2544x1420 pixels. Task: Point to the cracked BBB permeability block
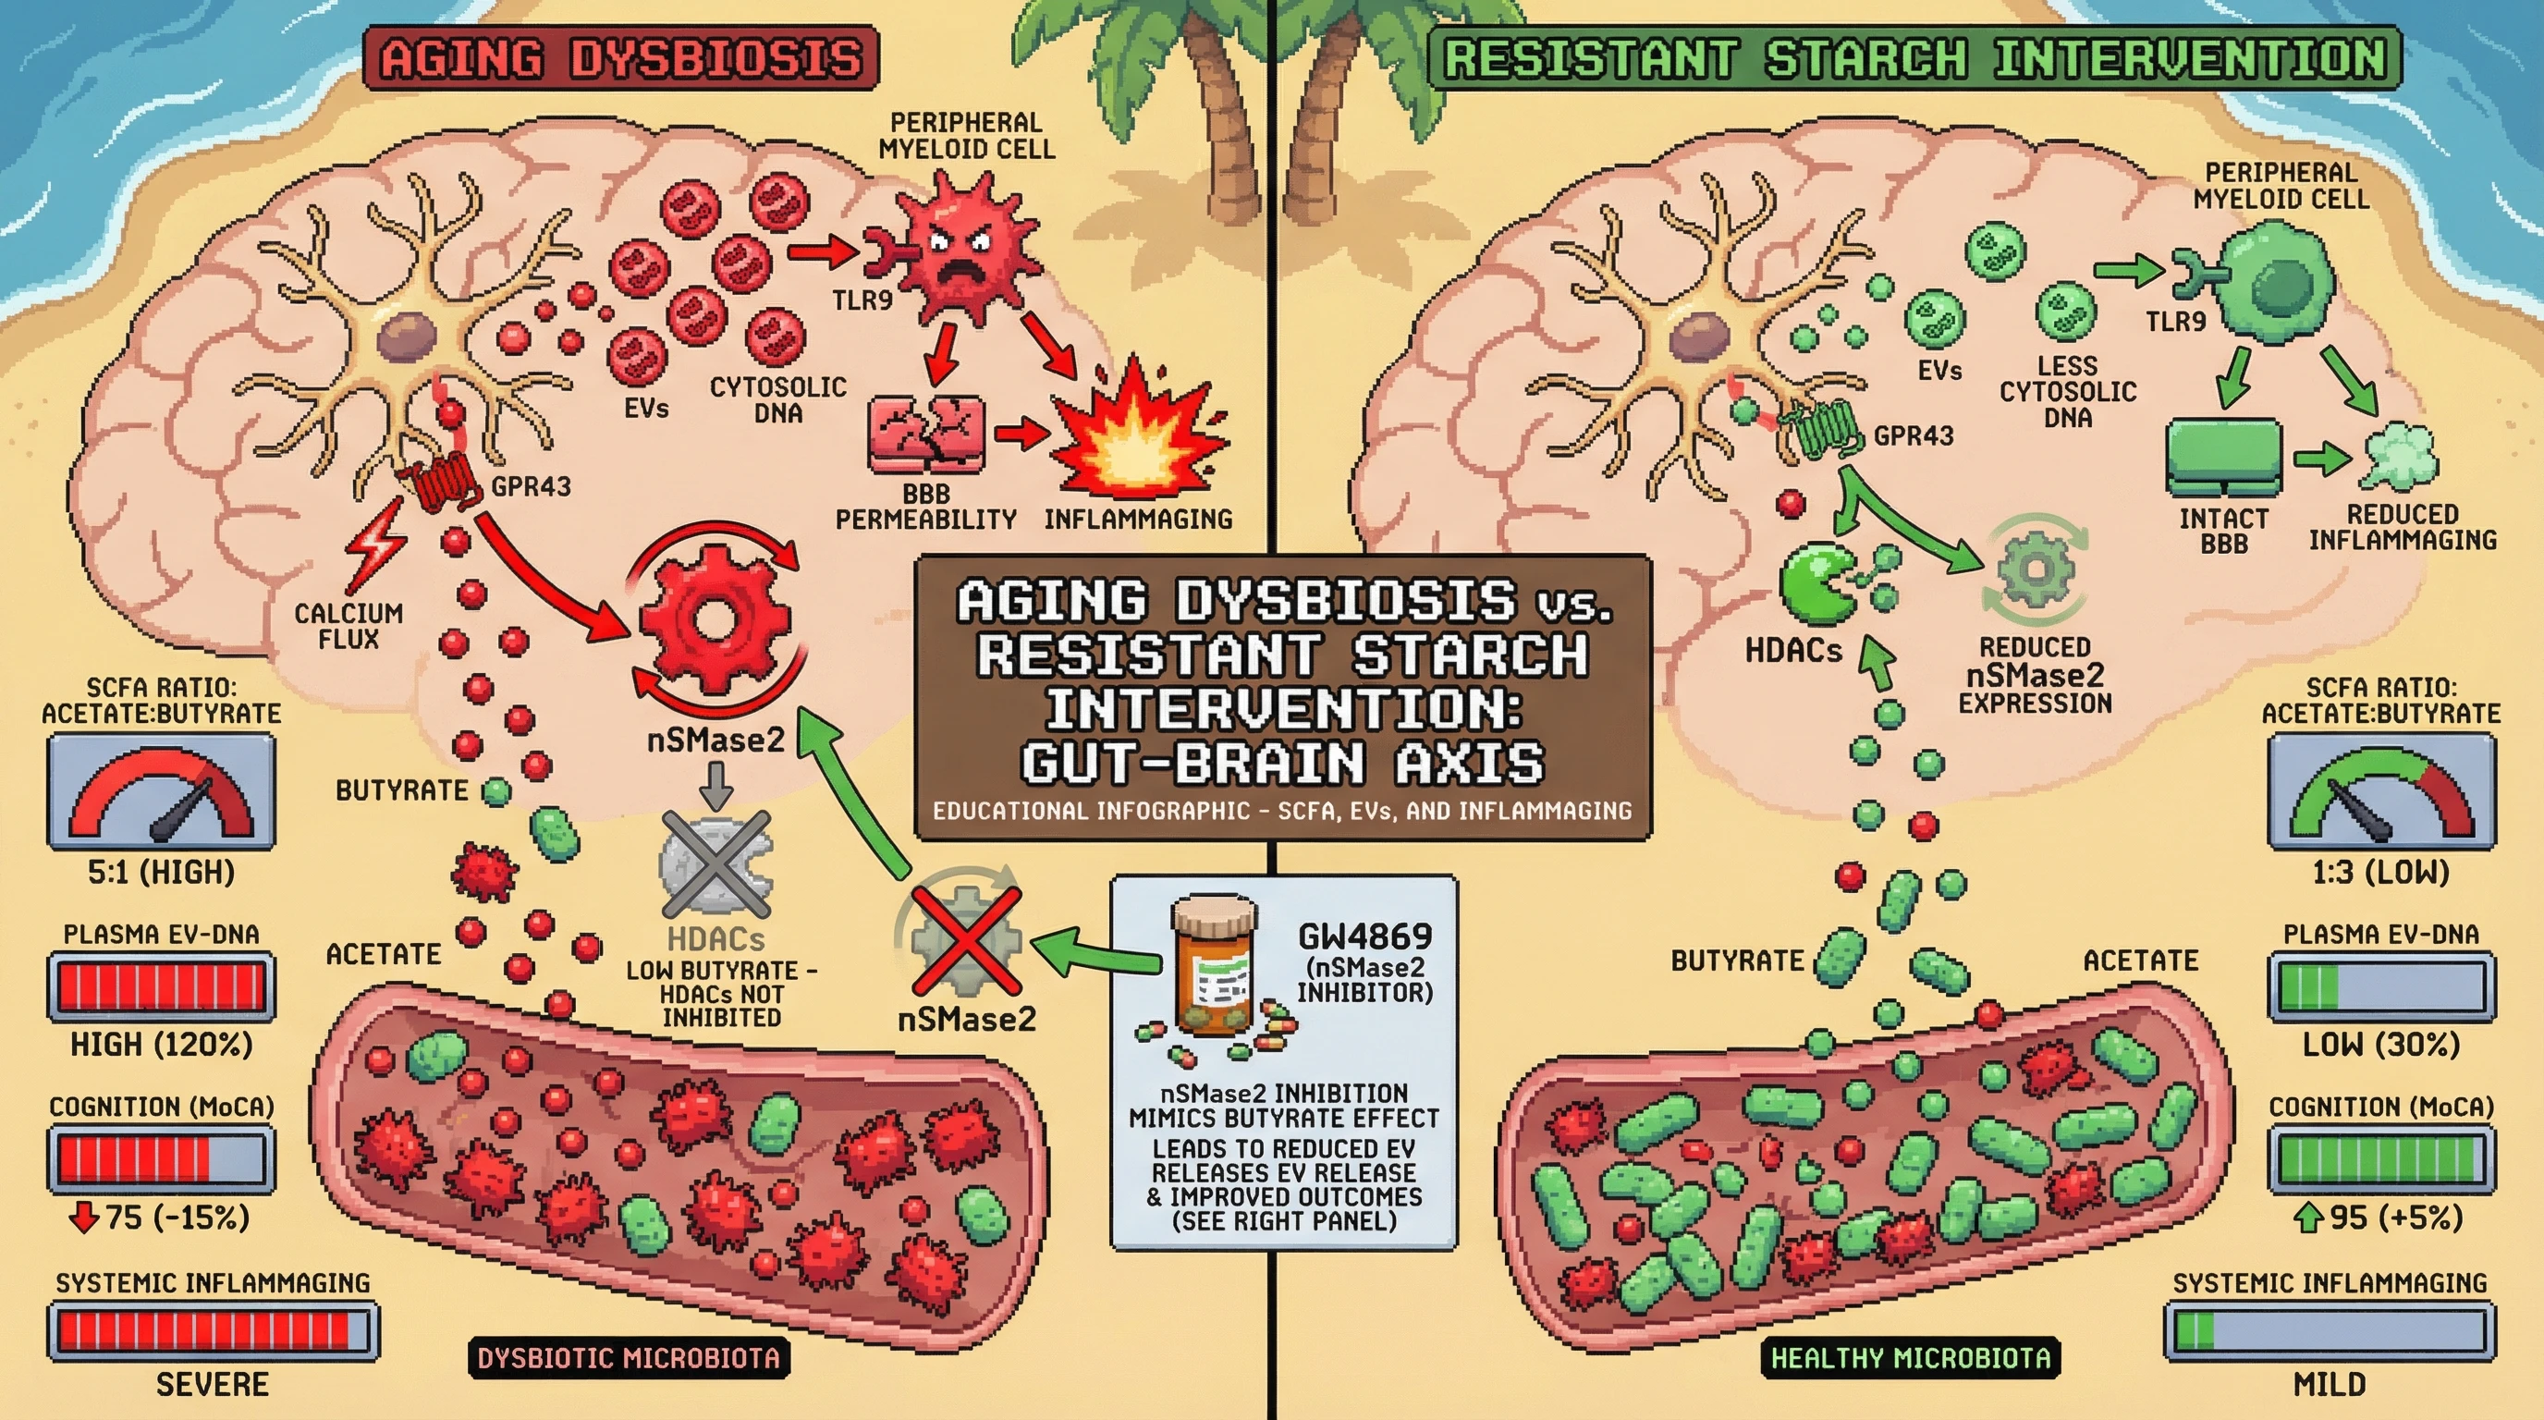point(925,434)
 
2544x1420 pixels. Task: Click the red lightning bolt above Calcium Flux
point(376,548)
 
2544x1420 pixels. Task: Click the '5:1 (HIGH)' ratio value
point(161,872)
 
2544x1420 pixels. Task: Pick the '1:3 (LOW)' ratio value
point(2380,872)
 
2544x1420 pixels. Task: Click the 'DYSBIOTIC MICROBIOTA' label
point(628,1358)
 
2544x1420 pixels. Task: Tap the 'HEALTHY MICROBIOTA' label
point(1910,1358)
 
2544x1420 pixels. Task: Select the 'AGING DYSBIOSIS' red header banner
point(620,58)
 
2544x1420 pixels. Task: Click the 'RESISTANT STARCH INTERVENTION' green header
point(1914,58)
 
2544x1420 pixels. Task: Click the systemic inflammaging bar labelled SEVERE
point(213,1330)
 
